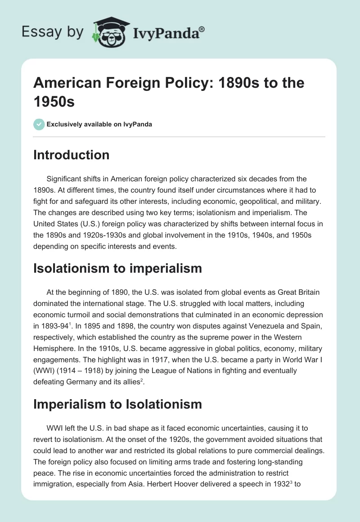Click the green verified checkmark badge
click(39, 124)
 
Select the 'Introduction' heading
click(72, 155)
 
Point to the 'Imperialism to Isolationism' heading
click(117, 404)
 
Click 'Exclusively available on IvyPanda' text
click(99, 124)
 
